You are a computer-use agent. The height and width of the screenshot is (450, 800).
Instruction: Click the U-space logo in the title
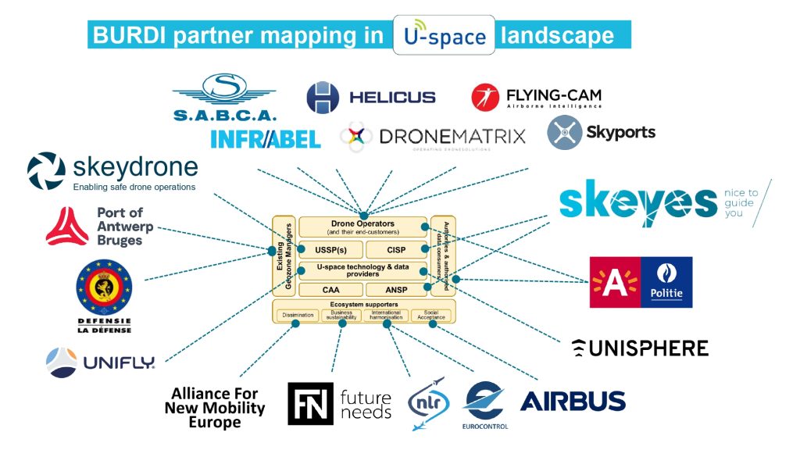pos(443,35)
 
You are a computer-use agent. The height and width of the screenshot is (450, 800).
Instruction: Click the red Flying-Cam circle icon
pos(486,97)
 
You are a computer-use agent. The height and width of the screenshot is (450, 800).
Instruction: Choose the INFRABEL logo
pos(265,139)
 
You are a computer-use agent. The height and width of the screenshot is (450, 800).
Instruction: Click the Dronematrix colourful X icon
pos(356,137)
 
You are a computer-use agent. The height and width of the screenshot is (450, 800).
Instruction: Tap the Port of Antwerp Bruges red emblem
pos(67,227)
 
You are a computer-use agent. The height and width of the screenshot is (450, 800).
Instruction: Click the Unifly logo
pos(100,362)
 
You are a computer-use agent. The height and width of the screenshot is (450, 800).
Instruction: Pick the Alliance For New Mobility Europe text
pos(215,409)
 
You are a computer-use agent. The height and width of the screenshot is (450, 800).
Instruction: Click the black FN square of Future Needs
pos(310,404)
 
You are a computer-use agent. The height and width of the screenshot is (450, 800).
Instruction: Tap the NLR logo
pos(428,403)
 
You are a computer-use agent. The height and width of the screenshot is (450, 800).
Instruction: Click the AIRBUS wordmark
pos(573,401)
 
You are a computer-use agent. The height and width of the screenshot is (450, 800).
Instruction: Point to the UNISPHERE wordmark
pos(640,348)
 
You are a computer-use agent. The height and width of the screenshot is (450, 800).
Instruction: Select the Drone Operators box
pos(362,227)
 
